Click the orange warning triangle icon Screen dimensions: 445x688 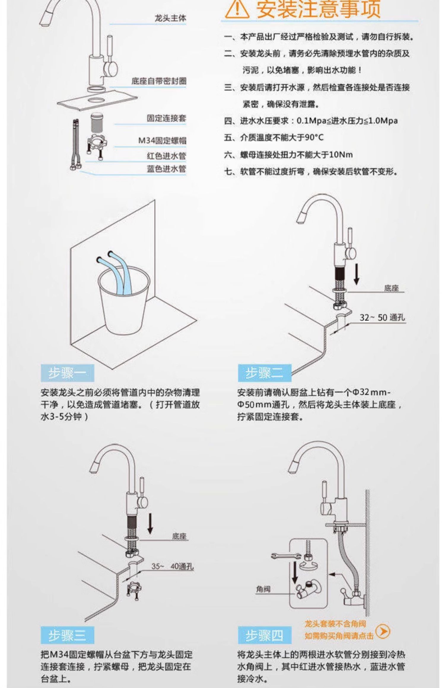[237, 9]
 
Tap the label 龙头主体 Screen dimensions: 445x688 [170, 18]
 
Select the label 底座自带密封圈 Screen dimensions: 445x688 [159, 81]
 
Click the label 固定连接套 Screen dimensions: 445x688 [166, 119]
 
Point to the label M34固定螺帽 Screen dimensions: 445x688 [162, 140]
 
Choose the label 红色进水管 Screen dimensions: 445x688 [166, 156]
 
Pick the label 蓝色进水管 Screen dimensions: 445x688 [166, 169]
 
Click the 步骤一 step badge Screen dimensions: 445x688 [67, 373]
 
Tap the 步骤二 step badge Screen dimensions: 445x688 [264, 373]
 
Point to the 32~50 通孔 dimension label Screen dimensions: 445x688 [382, 318]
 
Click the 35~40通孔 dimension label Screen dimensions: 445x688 [172, 566]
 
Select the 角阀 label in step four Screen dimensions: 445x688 [263, 589]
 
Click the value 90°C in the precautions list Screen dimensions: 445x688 [314, 137]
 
